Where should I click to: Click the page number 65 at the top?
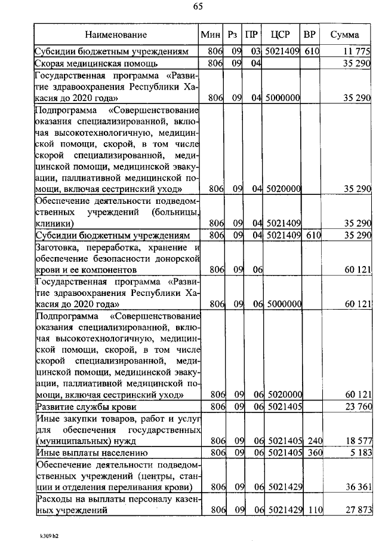pos(198,7)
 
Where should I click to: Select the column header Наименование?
pos(115,35)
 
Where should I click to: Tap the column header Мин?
pos(211,35)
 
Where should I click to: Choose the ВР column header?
pos(310,35)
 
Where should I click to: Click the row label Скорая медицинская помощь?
pos(96,63)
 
